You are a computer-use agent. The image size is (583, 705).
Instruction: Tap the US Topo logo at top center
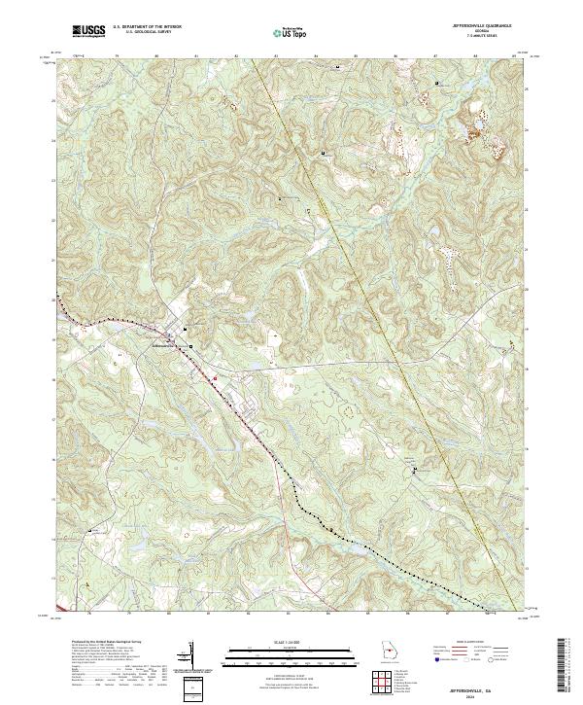click(290, 33)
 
